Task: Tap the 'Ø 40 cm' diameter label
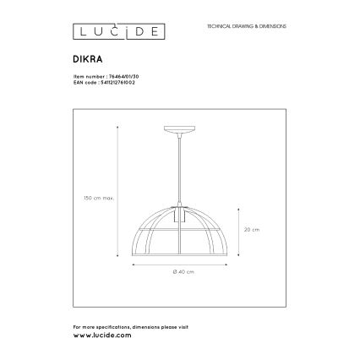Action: click(x=183, y=271)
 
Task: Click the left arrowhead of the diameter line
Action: click(x=133, y=264)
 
